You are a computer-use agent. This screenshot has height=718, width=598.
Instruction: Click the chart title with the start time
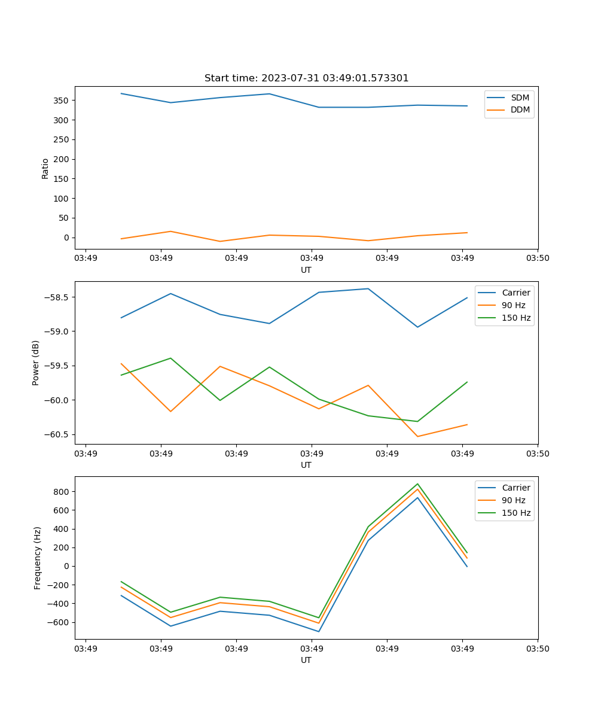click(x=306, y=78)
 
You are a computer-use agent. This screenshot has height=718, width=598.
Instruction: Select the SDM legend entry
click(x=520, y=98)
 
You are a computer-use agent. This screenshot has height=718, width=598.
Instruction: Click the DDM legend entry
click(x=520, y=109)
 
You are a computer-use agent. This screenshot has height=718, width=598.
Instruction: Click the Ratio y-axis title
click(x=45, y=168)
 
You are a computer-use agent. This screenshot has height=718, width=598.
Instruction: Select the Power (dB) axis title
click(x=36, y=363)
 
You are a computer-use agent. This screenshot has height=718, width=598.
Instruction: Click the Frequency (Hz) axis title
click(x=38, y=558)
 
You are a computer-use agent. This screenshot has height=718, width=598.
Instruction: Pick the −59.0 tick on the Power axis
click(x=57, y=331)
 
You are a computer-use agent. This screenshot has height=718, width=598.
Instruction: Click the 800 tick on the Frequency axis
click(x=62, y=492)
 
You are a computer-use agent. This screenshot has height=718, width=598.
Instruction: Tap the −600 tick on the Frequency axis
click(x=59, y=622)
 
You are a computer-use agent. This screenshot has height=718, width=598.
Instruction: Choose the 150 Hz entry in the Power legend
click(x=516, y=318)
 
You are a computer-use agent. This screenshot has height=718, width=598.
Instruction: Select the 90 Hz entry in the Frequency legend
click(x=514, y=500)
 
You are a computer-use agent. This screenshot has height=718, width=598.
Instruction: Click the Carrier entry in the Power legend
click(x=515, y=293)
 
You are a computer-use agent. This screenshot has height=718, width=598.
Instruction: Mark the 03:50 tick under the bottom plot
click(x=538, y=649)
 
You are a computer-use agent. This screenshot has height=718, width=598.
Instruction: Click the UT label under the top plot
click(x=306, y=270)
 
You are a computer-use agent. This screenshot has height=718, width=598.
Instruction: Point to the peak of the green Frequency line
click(x=417, y=484)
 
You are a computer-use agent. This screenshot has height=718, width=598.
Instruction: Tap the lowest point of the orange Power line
click(x=417, y=436)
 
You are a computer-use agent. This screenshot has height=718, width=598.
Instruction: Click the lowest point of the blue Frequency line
click(x=319, y=631)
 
